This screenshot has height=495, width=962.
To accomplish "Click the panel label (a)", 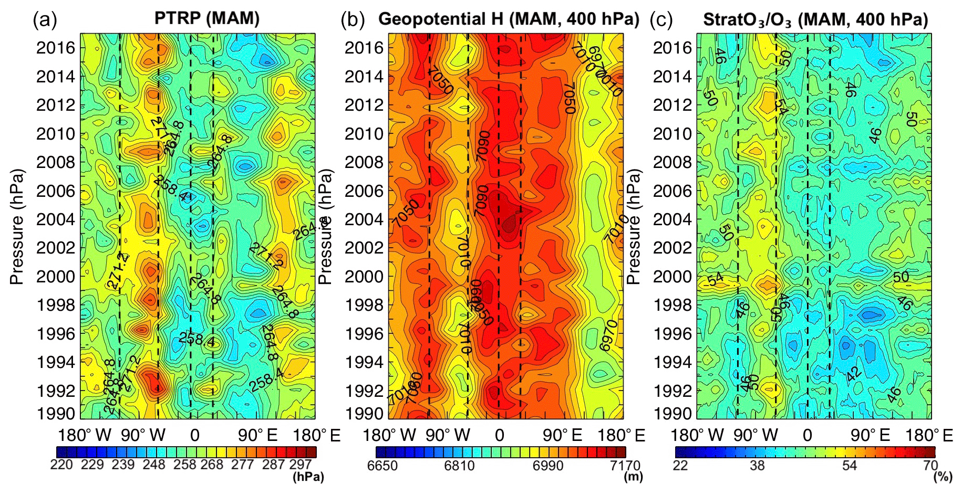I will [x=44, y=20].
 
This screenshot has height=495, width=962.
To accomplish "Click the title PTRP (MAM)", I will [x=206, y=18].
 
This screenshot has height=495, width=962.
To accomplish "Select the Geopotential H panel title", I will [x=508, y=19].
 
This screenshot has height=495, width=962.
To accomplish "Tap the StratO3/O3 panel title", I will [x=815, y=20].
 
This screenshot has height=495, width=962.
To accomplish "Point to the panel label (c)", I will [x=660, y=20].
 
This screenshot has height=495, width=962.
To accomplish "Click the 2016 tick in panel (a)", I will [x=56, y=48].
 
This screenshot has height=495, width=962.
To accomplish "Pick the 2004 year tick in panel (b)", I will [x=364, y=219].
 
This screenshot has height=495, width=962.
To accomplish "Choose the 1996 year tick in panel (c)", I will [x=673, y=333].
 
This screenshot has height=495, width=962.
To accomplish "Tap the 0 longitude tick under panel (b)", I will [x=499, y=435].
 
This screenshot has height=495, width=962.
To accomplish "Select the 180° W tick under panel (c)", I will [x=697, y=435].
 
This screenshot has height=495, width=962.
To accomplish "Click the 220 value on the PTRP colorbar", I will [x=61, y=465].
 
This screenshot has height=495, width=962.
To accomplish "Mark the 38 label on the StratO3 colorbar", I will [x=757, y=466].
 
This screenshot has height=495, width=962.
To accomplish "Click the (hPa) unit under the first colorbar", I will [x=308, y=477].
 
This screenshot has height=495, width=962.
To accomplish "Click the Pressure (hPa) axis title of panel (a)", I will [x=17, y=227].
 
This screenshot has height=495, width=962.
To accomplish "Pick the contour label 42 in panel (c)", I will [x=854, y=374].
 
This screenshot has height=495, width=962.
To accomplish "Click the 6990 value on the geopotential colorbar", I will [x=547, y=466].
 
